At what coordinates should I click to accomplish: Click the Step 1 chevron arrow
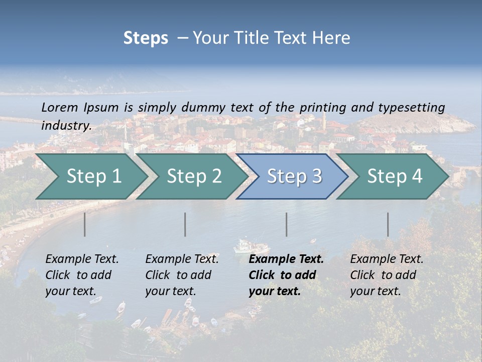[x=93, y=176]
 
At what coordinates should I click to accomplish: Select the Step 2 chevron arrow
[x=193, y=176]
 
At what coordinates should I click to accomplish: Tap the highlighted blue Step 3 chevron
[x=294, y=176]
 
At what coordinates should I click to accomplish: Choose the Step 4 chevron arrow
[x=394, y=176]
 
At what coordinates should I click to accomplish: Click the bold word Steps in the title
[x=146, y=38]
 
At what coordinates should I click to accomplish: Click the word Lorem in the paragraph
[x=60, y=107]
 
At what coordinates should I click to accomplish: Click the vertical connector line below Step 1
[x=85, y=224]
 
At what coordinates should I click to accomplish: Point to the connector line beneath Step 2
[x=185, y=224]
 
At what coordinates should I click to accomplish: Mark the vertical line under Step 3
[x=287, y=224]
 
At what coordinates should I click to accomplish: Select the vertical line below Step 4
[x=388, y=224]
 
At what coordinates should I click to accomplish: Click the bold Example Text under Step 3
[x=286, y=259]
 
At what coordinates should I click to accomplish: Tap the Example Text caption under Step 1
[x=82, y=259]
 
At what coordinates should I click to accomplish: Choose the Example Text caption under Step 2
[x=182, y=259]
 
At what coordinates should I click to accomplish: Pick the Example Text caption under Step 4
[x=387, y=259]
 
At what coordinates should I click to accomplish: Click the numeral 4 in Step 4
[x=416, y=176]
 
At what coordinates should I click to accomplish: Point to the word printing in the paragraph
[x=323, y=108]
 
